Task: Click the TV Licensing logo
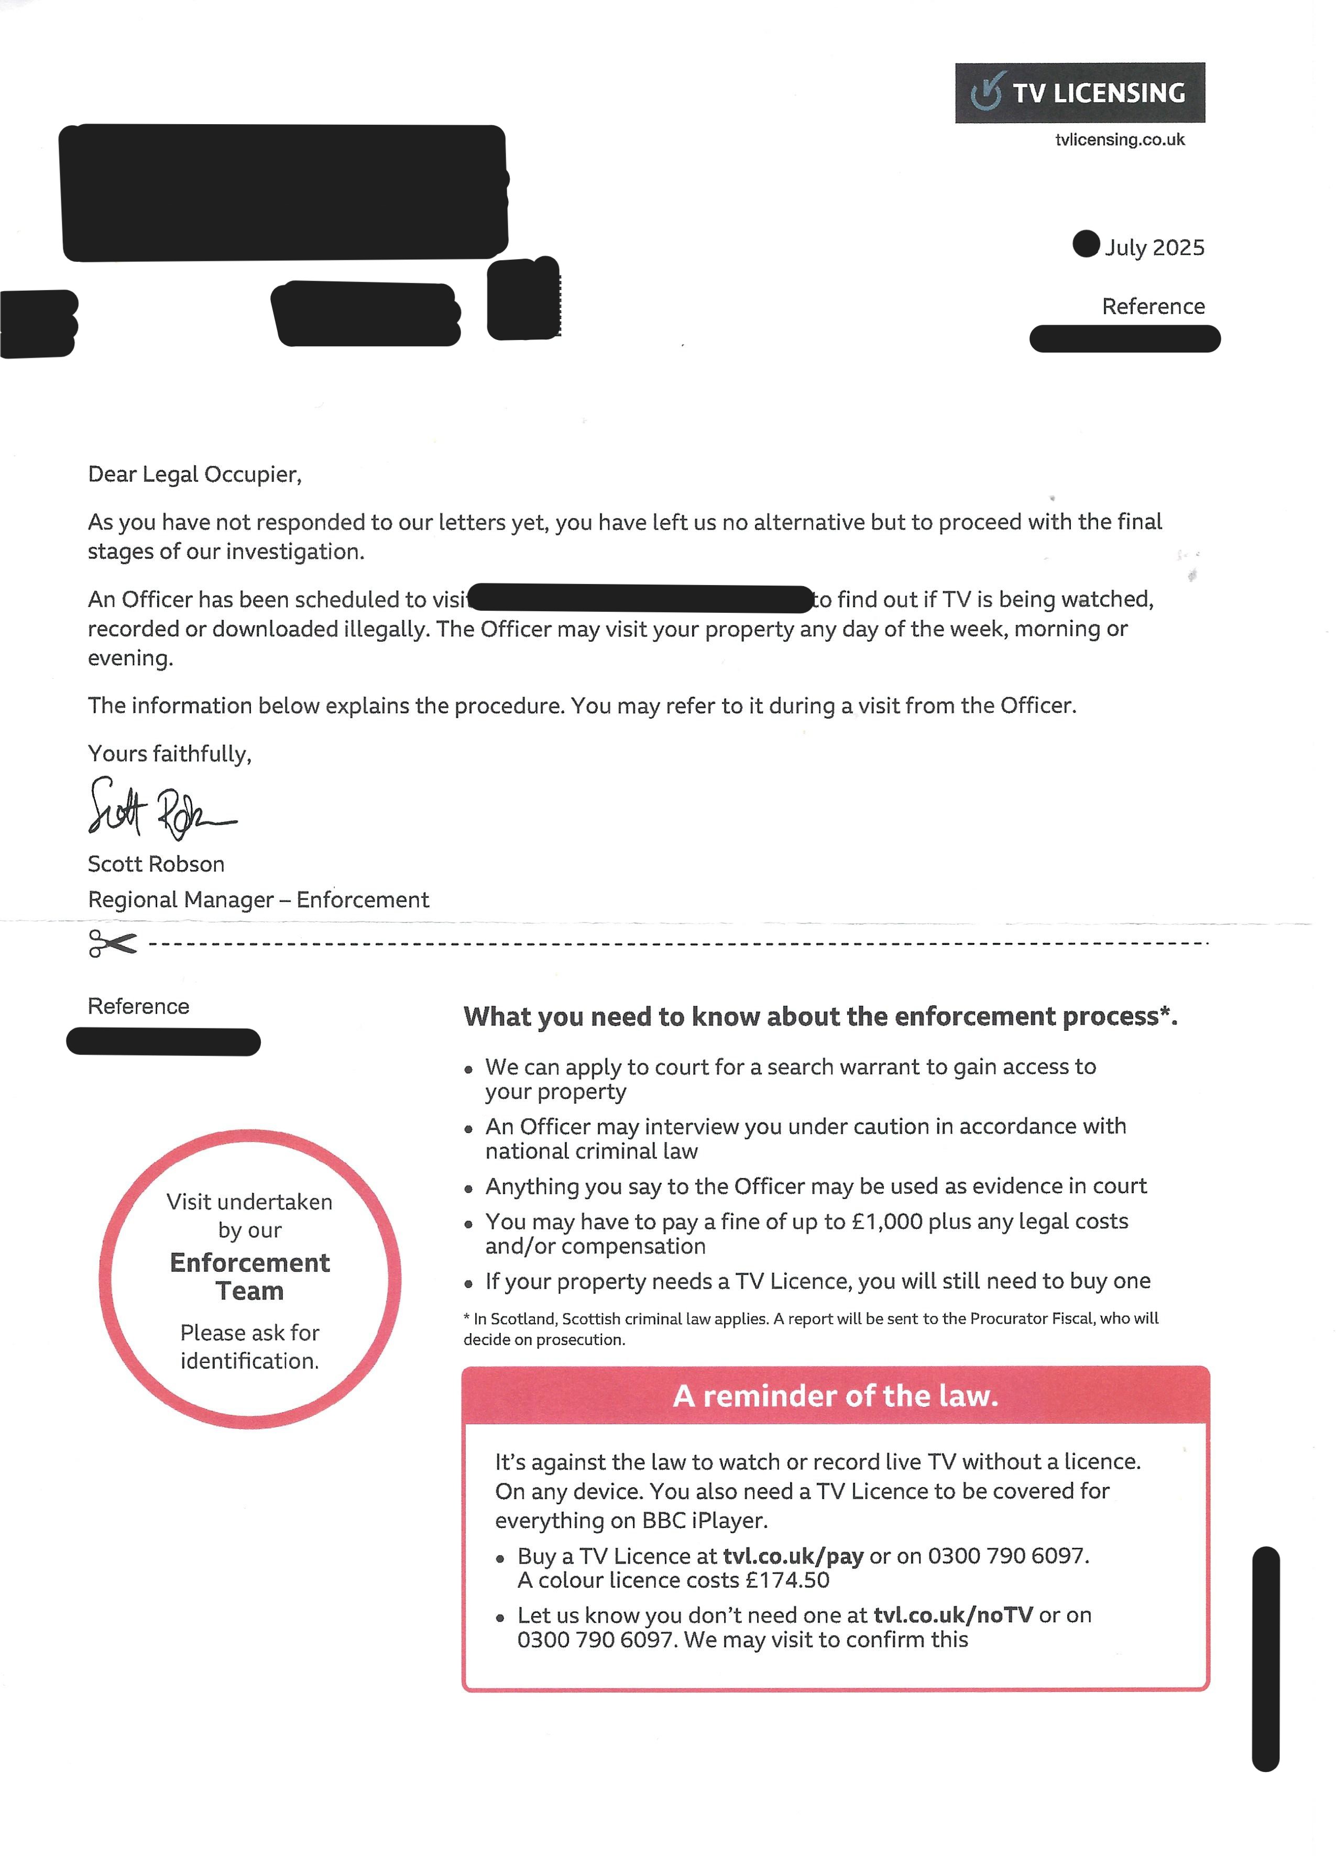[1079, 93]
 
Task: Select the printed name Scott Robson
[156, 864]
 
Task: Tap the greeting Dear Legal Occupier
[194, 475]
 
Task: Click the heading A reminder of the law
[835, 1396]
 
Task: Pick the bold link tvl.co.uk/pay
[793, 1556]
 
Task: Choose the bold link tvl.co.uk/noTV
[952, 1615]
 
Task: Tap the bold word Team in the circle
[249, 1291]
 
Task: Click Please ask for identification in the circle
[249, 1347]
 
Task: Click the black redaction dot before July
[1085, 244]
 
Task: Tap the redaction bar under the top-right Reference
[1124, 338]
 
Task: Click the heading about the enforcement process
[819, 1017]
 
